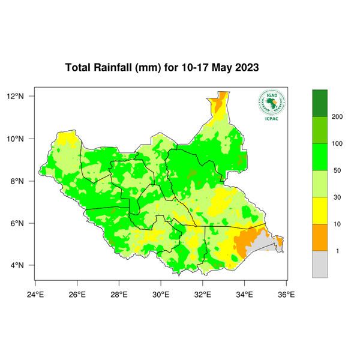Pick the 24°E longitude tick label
[35, 294]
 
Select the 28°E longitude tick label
[119, 294]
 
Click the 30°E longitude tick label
[161, 294]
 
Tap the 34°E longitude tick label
[244, 294]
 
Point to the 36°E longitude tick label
[286, 294]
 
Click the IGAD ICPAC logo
[271, 105]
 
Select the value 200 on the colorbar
[337, 116]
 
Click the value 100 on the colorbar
[337, 143]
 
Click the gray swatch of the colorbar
[320, 264]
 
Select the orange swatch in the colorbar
[320, 237]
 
